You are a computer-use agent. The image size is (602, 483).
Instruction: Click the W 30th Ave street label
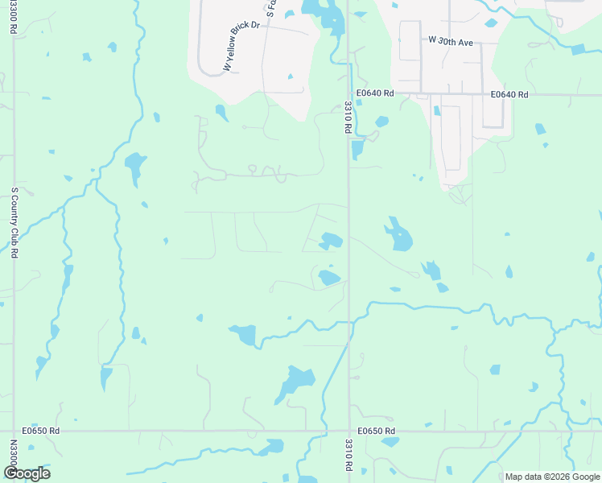point(450,39)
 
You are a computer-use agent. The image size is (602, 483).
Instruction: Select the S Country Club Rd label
point(14,223)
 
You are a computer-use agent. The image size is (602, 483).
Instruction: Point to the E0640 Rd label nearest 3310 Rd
point(376,94)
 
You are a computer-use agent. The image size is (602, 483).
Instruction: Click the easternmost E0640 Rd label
point(509,94)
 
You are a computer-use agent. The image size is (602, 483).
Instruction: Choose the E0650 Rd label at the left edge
point(42,431)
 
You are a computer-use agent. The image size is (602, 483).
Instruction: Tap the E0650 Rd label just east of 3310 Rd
point(377,431)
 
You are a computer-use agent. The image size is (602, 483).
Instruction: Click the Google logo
point(26,473)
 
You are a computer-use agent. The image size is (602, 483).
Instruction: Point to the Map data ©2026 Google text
point(551,477)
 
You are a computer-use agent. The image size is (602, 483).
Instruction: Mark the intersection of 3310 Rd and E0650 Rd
point(348,431)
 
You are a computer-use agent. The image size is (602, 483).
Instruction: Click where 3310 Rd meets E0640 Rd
point(348,94)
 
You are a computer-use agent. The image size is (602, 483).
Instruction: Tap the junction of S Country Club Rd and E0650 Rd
point(14,431)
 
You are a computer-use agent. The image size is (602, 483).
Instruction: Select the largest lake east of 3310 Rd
point(398,236)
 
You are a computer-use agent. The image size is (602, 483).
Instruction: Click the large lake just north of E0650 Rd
point(295,382)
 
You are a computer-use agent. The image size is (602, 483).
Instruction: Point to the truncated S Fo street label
point(270,9)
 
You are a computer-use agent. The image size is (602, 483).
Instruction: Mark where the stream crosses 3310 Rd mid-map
point(348,322)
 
